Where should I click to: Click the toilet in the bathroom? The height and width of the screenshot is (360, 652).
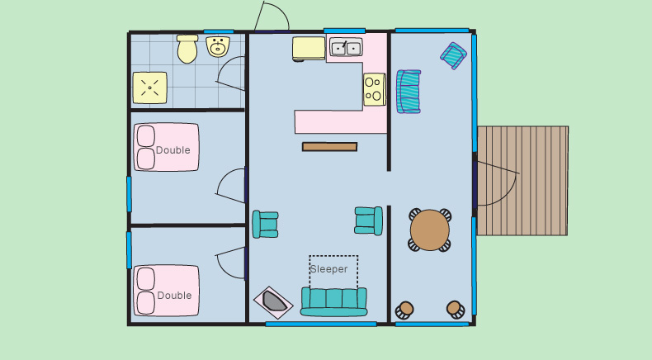pyautogui.click(x=187, y=49)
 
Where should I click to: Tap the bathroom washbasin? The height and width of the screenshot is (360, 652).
pyautogui.click(x=218, y=46)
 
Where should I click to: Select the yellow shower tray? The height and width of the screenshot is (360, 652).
pyautogui.click(x=149, y=88)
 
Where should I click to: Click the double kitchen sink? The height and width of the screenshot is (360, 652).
pyautogui.click(x=346, y=47)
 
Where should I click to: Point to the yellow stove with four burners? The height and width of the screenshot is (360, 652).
pyautogui.click(x=375, y=89)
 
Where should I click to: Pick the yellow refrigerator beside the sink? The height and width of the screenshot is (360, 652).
pyautogui.click(x=309, y=49)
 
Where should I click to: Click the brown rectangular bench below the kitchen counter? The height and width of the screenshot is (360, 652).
pyautogui.click(x=330, y=146)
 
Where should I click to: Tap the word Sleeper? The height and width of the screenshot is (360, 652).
pyautogui.click(x=329, y=269)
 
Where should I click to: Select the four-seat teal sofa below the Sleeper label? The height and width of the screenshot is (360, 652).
pyautogui.click(x=334, y=301)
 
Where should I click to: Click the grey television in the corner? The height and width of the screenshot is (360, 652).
pyautogui.click(x=274, y=302)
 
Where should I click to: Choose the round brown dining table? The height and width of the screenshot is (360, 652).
pyautogui.click(x=430, y=230)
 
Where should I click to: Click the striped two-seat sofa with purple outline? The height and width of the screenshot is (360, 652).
pyautogui.click(x=409, y=92)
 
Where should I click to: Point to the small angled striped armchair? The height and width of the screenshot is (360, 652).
pyautogui.click(x=453, y=56)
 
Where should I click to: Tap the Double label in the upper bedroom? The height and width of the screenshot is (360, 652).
pyautogui.click(x=173, y=150)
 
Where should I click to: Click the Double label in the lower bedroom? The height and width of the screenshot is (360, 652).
pyautogui.click(x=174, y=296)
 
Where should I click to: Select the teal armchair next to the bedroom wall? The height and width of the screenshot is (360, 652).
pyautogui.click(x=265, y=225)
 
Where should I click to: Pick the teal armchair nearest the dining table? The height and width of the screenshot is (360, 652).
pyautogui.click(x=369, y=221)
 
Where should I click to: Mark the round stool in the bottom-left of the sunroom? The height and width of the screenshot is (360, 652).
pyautogui.click(x=404, y=310)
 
